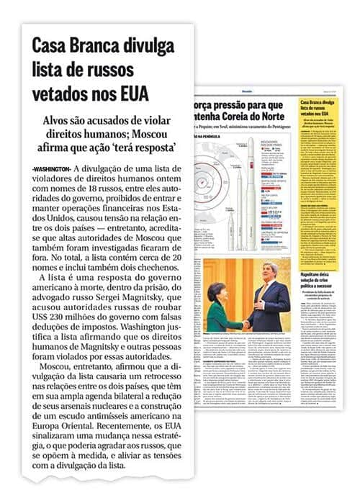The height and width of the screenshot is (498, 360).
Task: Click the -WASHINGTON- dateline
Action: coord(51,168)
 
